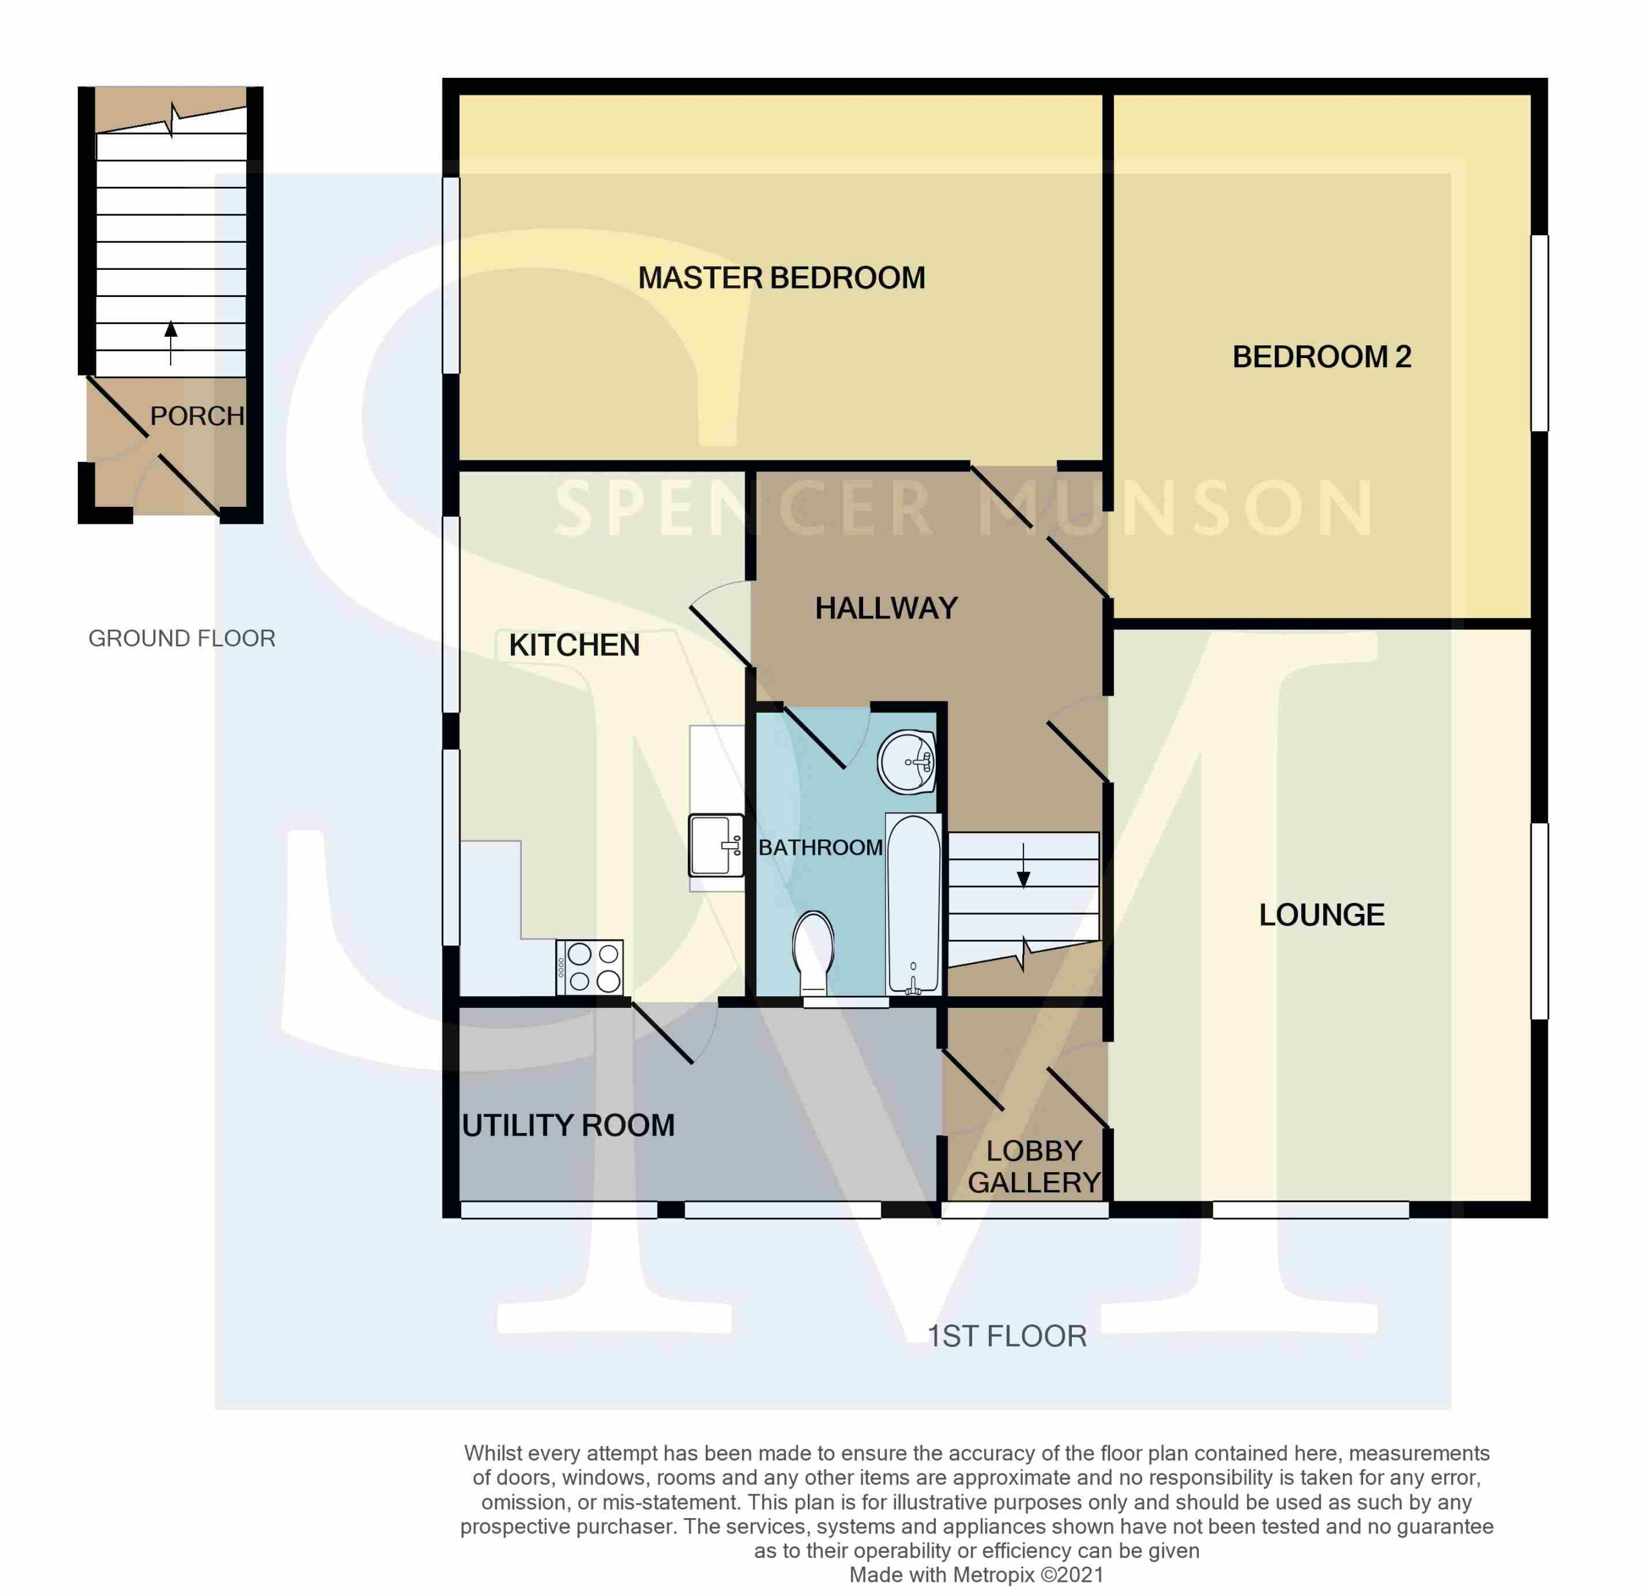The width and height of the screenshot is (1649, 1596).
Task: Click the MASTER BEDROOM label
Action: [781, 278]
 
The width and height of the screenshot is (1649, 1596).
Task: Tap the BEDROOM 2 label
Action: [1322, 357]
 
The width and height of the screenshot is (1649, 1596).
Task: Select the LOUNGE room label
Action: [1322, 915]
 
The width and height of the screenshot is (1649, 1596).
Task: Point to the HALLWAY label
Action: [887, 608]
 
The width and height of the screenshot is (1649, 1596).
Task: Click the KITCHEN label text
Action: [575, 645]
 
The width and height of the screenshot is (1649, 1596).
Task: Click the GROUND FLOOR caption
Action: [182, 638]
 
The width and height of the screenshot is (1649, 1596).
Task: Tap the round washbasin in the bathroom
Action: [907, 761]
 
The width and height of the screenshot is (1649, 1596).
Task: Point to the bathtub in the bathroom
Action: [913, 904]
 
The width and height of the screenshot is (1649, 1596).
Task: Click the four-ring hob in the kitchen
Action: [590, 967]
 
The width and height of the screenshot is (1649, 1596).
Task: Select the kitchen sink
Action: [716, 844]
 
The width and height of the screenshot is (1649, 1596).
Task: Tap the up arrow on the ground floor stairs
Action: [171, 343]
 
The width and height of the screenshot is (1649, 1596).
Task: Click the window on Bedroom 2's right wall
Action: [1539, 333]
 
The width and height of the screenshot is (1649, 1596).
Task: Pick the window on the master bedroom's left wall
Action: [452, 275]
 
